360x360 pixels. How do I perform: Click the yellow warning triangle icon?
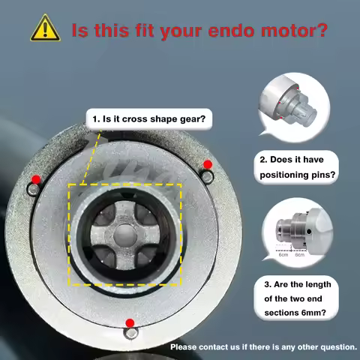click(x=45, y=28)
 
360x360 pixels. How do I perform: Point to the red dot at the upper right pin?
click(x=207, y=164)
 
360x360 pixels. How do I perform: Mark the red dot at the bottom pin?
click(x=130, y=323)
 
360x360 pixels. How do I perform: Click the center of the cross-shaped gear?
click(x=125, y=233)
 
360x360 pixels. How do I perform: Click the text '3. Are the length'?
click(x=300, y=285)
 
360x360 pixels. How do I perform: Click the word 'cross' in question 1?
click(x=140, y=118)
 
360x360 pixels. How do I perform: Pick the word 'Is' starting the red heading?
click(x=80, y=31)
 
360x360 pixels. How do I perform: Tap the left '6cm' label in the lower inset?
click(x=283, y=255)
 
